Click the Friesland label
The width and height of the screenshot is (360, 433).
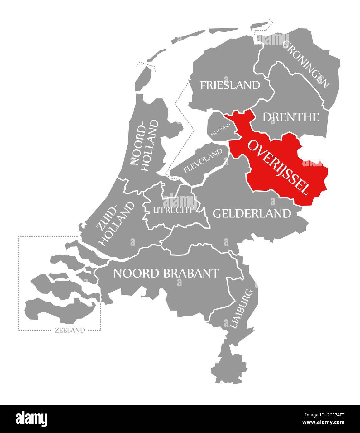[x=230, y=85]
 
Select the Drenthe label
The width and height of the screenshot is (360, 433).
[x=291, y=117]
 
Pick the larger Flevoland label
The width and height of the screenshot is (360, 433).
[x=203, y=160]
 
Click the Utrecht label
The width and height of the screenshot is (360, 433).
[x=173, y=210]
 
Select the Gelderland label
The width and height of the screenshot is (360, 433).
[x=252, y=213]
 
